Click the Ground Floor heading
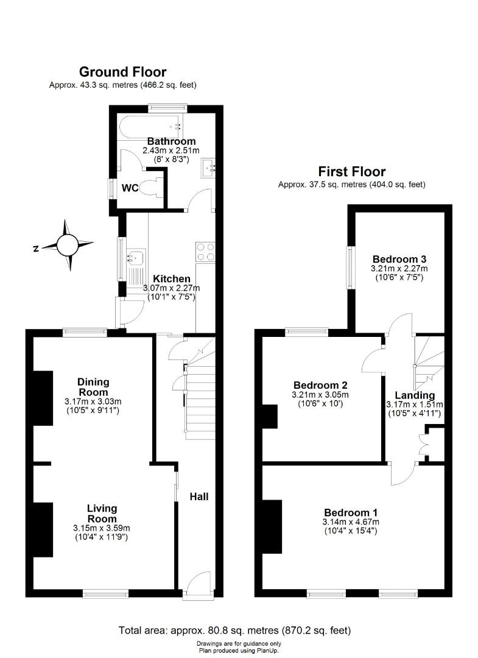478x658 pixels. (x=122, y=72)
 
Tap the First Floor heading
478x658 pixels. (x=351, y=171)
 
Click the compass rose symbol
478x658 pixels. (x=68, y=245)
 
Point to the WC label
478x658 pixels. (x=130, y=188)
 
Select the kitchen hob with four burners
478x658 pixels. (x=205, y=252)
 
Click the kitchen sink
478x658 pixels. (x=134, y=258)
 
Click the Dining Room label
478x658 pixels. (x=93, y=387)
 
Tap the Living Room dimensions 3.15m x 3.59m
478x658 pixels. (x=102, y=528)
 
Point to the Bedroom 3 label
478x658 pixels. (x=399, y=258)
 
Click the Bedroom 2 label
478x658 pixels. (x=320, y=385)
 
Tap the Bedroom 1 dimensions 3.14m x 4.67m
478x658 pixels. (x=351, y=522)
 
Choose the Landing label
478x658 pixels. (x=414, y=395)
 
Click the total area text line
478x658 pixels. (x=234, y=631)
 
